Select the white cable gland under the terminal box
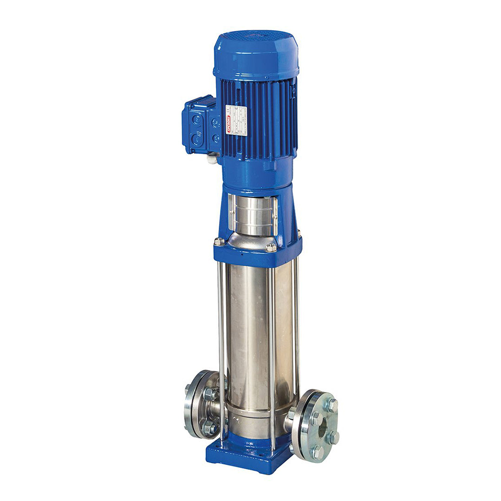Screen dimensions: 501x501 pyautogui.click(x=212, y=159)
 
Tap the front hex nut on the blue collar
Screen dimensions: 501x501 pyautogui.click(x=271, y=248)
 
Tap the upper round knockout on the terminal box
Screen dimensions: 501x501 pyautogui.click(x=197, y=120)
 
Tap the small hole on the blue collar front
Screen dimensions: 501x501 pyautogui.click(x=241, y=254)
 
